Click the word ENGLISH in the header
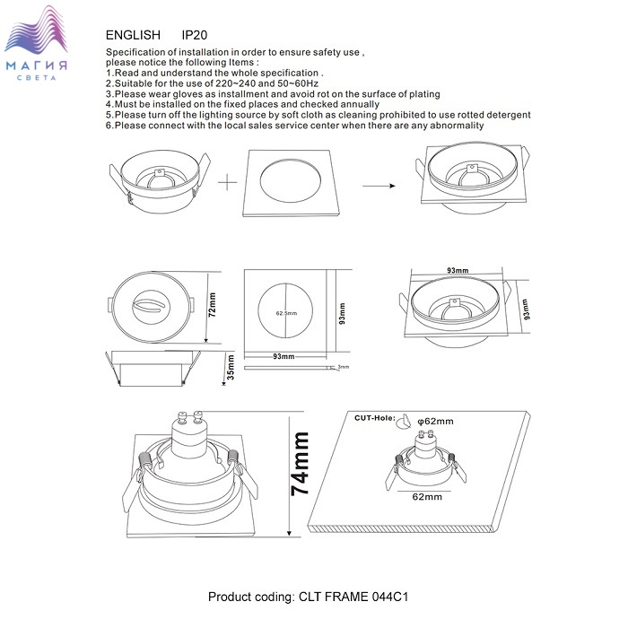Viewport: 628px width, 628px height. tap(133, 35)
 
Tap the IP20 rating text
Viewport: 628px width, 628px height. tap(195, 35)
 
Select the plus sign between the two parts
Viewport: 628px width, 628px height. tap(228, 183)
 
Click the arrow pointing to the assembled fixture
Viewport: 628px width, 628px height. tap(379, 186)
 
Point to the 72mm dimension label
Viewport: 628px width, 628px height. tap(213, 305)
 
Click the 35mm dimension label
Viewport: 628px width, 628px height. tap(231, 367)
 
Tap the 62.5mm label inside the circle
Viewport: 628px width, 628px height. tap(286, 313)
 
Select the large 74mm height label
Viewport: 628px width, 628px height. tap(301, 464)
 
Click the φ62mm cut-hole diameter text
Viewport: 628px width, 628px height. tap(435, 422)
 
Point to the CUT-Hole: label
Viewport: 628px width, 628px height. tap(374, 418)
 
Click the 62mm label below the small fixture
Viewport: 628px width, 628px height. tap(427, 497)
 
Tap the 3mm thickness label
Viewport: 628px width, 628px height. tap(344, 367)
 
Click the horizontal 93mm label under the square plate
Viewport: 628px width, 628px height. tap(283, 356)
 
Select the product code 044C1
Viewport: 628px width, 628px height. tap(390, 597)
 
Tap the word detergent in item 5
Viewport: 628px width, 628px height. tap(509, 115)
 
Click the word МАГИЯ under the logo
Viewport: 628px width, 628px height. tap(37, 65)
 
